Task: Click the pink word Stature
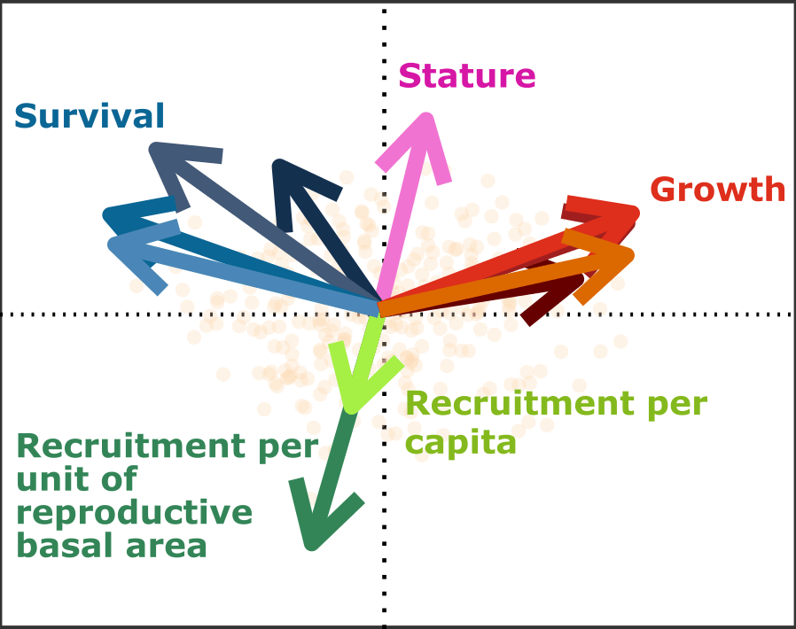point(466,76)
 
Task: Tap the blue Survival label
point(90,116)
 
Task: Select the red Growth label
point(718,190)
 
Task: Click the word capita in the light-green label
point(460,442)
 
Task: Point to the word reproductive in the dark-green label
point(135,513)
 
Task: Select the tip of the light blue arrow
point(110,244)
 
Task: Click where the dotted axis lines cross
point(384,314)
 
